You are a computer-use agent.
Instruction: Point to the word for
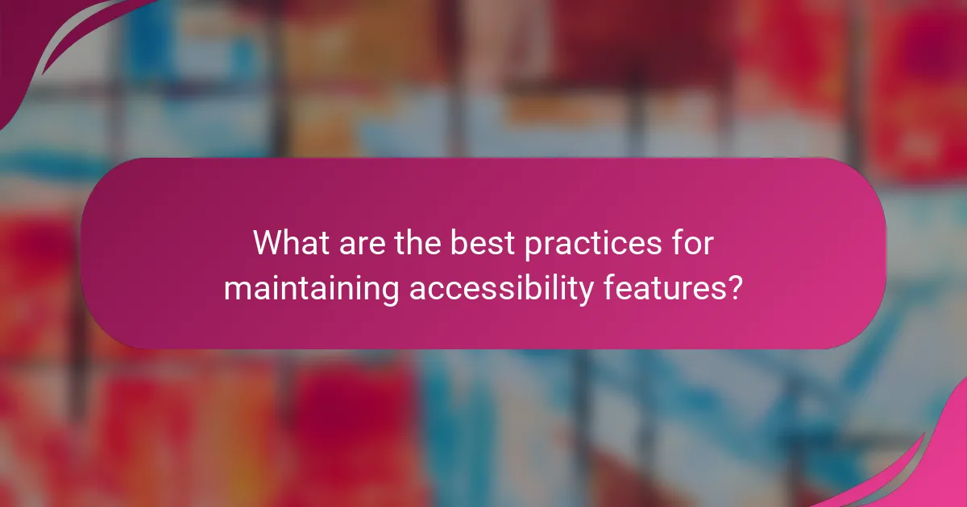coord(695,243)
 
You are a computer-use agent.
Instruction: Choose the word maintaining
coord(311,289)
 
